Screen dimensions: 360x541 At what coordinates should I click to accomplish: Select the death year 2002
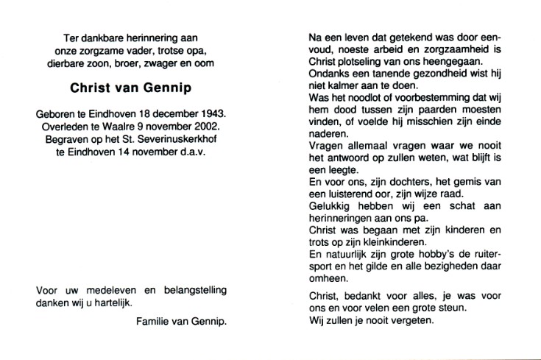coord(208,127)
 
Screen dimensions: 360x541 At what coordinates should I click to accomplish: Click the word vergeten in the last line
coord(416,321)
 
